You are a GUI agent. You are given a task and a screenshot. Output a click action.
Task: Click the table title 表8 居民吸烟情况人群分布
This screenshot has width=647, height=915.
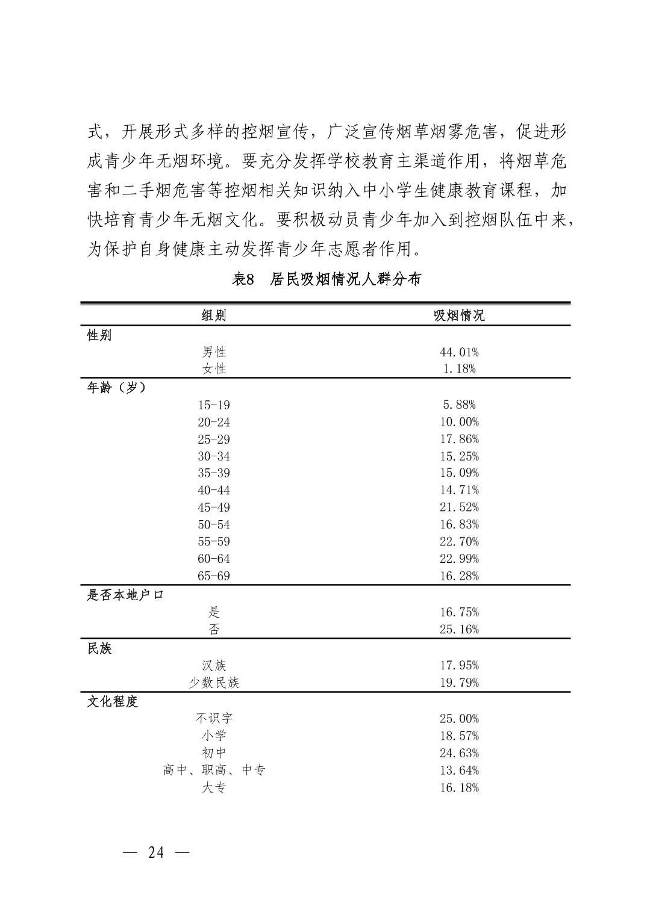click(326, 279)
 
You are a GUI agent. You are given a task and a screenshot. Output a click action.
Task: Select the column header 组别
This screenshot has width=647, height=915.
click(214, 315)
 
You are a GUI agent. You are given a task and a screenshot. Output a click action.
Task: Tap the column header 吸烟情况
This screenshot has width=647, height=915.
click(459, 315)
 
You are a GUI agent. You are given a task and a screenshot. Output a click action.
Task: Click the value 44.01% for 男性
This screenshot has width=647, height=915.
click(459, 352)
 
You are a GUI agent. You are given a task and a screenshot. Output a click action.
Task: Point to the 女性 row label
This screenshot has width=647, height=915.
click(214, 368)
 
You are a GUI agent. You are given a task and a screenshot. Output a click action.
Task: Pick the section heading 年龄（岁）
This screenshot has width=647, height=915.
click(117, 388)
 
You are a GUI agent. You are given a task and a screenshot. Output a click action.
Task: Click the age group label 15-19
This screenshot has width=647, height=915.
click(214, 405)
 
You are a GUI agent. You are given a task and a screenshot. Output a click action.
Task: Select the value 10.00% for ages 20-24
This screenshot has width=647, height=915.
click(459, 422)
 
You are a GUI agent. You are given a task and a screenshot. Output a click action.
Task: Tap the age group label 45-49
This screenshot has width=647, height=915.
click(214, 507)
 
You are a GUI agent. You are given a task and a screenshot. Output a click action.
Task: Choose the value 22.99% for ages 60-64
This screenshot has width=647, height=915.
click(459, 559)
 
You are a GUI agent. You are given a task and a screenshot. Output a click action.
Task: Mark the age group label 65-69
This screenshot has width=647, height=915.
click(214, 576)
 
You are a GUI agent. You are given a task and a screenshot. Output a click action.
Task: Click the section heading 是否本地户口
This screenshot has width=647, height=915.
click(125, 595)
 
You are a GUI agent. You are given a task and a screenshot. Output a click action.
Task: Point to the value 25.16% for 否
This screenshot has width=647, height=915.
click(459, 630)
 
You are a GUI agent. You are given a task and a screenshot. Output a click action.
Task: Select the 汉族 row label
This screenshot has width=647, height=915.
click(214, 665)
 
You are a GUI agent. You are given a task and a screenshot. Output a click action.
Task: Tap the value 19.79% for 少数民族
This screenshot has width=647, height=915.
click(459, 683)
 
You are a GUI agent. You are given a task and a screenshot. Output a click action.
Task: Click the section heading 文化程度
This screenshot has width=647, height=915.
click(113, 701)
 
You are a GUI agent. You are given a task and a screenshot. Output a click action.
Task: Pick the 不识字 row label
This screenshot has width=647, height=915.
click(214, 718)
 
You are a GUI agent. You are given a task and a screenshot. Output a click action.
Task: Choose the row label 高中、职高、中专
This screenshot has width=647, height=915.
click(214, 770)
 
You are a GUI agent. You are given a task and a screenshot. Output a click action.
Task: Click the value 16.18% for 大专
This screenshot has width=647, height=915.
click(459, 787)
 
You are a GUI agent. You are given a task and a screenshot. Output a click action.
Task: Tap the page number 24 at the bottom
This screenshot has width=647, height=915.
click(155, 852)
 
